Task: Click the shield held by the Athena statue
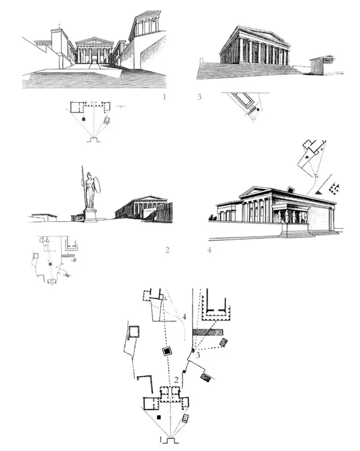98,185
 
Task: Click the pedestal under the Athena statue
91,215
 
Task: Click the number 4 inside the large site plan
184,317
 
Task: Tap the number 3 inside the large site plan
198,356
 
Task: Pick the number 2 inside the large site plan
176,380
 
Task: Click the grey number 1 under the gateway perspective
164,97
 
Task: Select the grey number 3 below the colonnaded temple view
199,97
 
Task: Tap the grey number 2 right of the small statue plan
167,250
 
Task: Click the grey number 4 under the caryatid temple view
209,250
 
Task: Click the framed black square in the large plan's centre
167,351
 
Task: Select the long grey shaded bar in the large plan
208,332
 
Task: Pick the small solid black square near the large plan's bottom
158,417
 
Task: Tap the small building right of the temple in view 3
322,64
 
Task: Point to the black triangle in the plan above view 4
318,191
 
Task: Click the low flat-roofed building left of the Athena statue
44,218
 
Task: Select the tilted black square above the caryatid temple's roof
291,190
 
